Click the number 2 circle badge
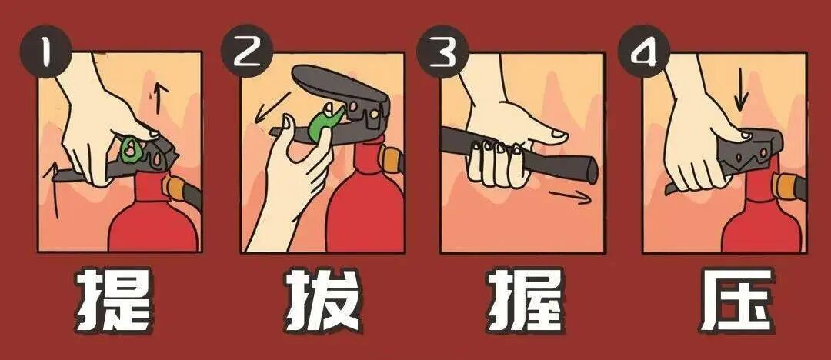coord(245,52)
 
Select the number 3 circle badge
coord(442,52)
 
